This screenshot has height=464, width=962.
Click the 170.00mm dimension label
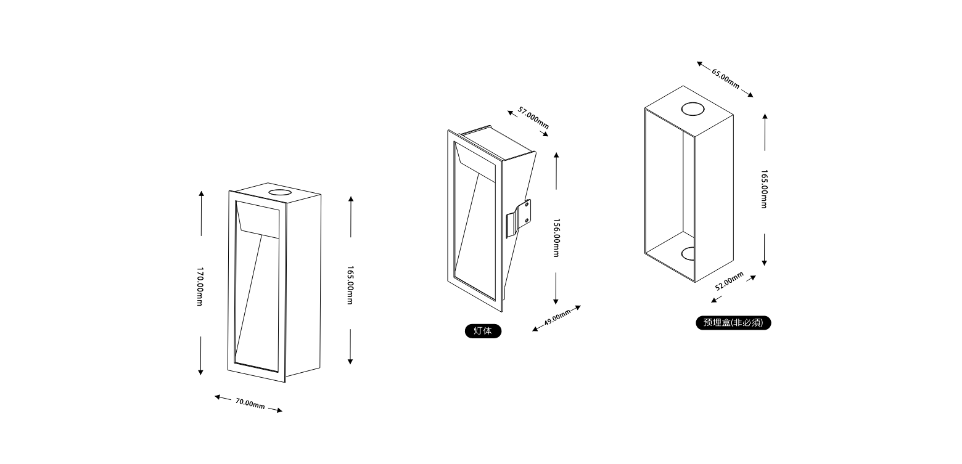(x=200, y=287)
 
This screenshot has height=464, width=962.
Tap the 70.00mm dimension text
(x=250, y=404)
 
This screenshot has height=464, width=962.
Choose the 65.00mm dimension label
(x=726, y=78)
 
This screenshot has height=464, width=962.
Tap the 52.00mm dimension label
(x=730, y=283)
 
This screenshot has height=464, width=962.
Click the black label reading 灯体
(x=483, y=331)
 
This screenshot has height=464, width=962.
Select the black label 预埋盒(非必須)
(x=733, y=322)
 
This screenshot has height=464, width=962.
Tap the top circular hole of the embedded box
(x=693, y=110)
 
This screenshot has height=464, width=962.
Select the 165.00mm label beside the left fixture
(x=350, y=285)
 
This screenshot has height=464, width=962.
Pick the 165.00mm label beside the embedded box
(x=764, y=189)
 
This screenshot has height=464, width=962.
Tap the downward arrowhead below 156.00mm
(x=556, y=301)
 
